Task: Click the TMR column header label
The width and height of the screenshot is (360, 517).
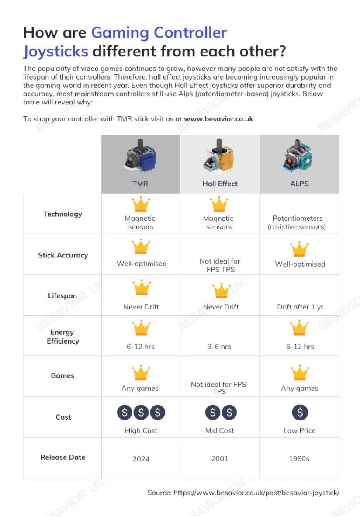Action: click(x=140, y=184)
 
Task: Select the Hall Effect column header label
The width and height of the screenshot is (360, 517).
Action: click(x=220, y=184)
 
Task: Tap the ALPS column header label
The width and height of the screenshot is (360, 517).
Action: click(x=299, y=184)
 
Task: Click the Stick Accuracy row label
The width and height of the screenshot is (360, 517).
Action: click(x=62, y=255)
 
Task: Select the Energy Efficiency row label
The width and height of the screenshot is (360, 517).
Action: click(x=62, y=337)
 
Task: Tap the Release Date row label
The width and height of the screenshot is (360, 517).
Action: click(x=62, y=457)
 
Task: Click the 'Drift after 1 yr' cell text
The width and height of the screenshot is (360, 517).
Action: click(x=300, y=307)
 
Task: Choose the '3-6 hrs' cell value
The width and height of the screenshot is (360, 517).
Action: click(x=220, y=347)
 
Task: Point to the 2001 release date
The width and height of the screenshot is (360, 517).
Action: click(x=220, y=459)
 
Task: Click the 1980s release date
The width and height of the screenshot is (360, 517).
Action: click(x=299, y=459)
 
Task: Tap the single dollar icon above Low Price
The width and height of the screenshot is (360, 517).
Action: click(x=300, y=412)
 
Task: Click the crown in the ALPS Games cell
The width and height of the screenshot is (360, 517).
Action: click(x=300, y=373)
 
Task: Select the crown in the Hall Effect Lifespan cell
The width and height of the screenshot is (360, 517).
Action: click(x=221, y=291)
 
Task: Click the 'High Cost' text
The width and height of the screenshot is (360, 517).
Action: click(x=141, y=430)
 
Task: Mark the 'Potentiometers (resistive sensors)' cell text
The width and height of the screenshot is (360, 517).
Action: click(x=299, y=222)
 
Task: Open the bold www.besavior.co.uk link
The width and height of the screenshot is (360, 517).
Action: click(x=218, y=119)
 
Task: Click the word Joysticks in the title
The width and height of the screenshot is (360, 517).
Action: click(x=55, y=51)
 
